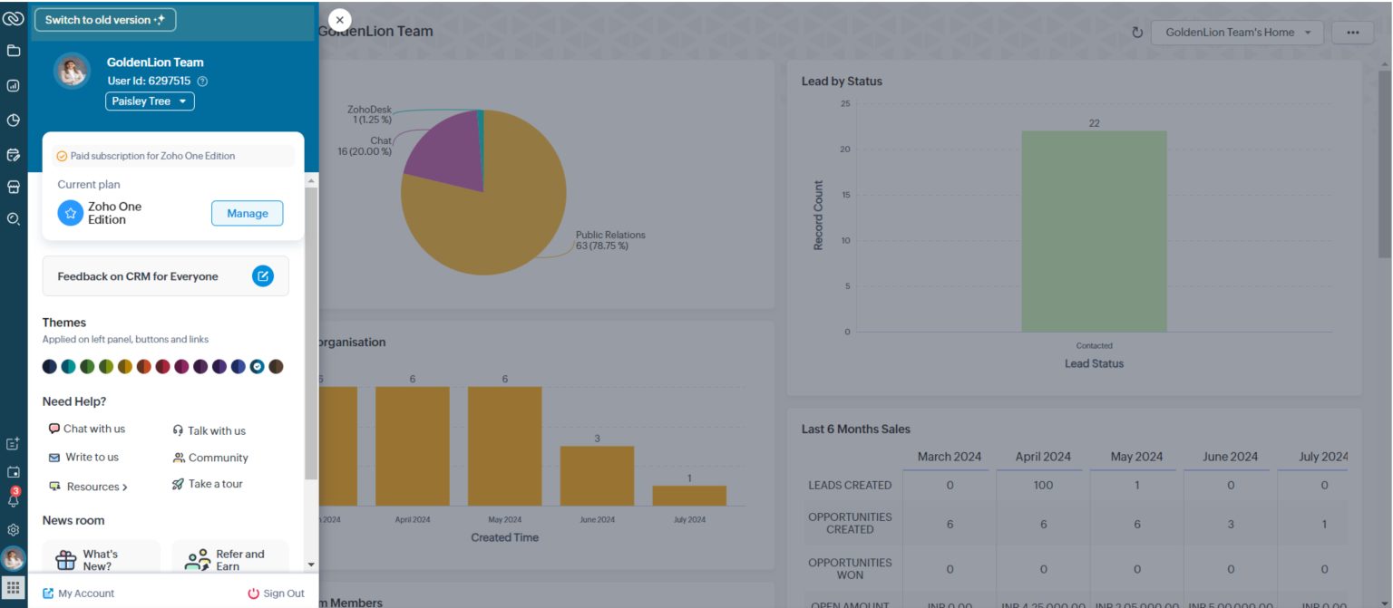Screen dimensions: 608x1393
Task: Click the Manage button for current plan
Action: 247,213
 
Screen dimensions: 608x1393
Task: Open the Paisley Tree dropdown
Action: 150,101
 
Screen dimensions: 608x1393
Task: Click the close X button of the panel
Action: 339,20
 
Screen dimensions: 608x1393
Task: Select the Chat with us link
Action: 87,429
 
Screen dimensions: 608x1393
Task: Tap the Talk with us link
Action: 209,430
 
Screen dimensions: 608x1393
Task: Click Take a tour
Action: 208,484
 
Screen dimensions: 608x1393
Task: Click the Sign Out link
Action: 277,594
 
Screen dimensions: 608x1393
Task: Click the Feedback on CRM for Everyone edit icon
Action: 262,276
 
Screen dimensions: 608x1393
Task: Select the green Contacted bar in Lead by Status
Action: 1094,231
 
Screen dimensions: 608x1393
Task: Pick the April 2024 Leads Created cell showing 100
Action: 1043,485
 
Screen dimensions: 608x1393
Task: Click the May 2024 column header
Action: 1136,457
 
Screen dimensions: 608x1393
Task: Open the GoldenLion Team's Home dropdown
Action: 1237,33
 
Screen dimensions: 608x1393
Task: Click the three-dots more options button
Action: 1352,33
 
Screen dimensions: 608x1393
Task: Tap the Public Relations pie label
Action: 610,240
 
